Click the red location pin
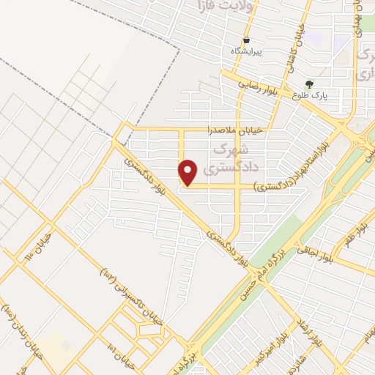[x=189, y=173]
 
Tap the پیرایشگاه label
[x=247, y=51]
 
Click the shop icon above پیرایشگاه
[x=247, y=40]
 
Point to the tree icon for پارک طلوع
[x=309, y=84]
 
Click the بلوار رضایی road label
[x=256, y=85]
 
